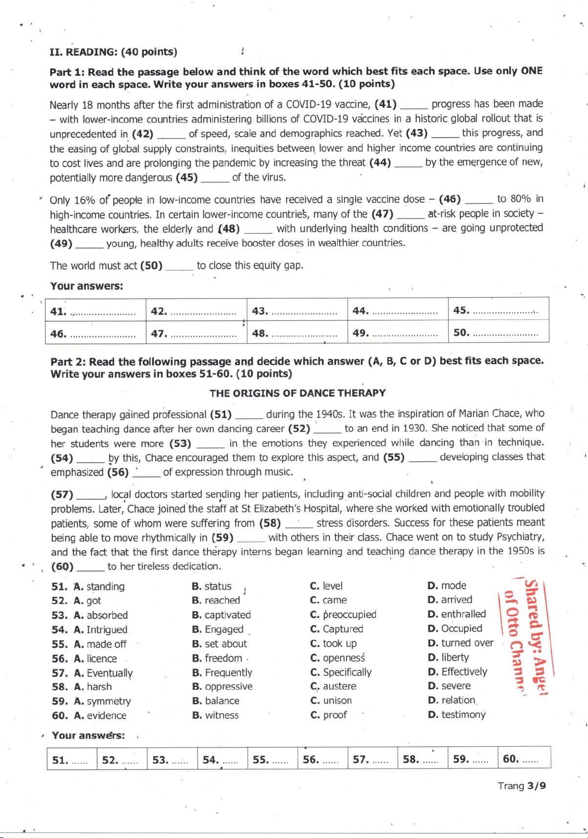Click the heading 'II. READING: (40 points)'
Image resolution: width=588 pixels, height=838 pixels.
tap(113, 52)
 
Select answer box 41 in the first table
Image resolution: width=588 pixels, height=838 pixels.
tap(95, 311)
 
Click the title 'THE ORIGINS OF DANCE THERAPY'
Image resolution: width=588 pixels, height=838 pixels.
tap(297, 393)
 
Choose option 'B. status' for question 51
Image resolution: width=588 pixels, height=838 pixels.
tap(212, 586)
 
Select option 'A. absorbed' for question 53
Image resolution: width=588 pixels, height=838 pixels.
tap(101, 615)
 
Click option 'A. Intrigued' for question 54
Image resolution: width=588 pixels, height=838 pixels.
tap(101, 630)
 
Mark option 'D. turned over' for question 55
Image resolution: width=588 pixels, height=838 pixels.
tap(460, 642)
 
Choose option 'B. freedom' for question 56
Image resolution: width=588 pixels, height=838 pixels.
tap(217, 658)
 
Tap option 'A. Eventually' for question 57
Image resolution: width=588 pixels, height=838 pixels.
tap(103, 673)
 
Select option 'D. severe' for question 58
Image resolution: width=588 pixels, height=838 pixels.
tap(449, 686)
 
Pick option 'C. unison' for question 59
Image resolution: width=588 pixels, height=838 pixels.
tap(331, 700)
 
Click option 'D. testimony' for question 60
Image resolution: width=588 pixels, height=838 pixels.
tap(456, 715)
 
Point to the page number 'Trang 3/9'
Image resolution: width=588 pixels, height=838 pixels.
tap(521, 786)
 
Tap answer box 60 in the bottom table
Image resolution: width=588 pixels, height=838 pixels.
tap(523, 759)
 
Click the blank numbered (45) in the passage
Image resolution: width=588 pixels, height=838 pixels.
tap(215, 178)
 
